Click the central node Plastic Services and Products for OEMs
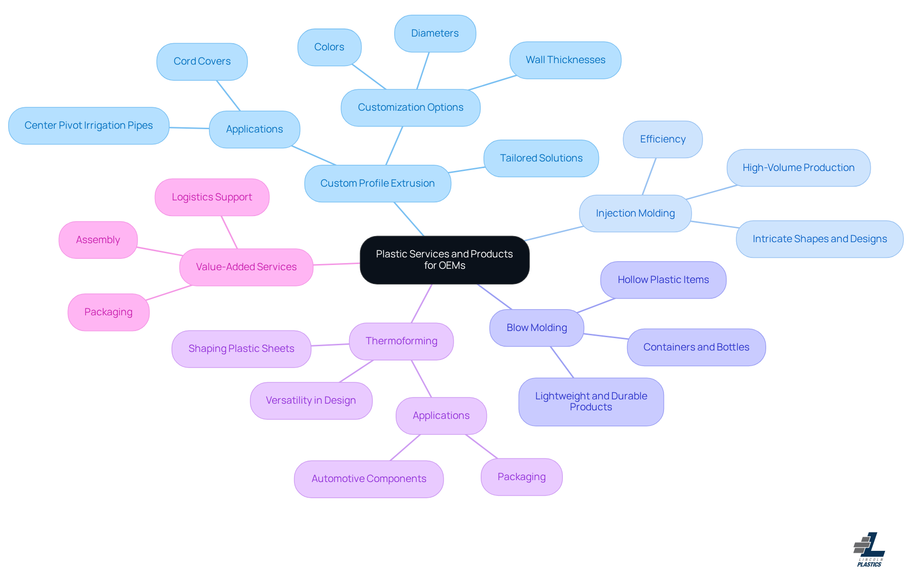(444, 260)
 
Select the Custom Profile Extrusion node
(377, 183)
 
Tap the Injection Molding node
(635, 213)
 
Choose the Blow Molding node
(536, 328)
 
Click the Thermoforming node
(401, 341)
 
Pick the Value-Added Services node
(246, 267)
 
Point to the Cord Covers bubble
(202, 61)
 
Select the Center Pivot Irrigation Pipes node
(88, 125)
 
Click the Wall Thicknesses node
(565, 60)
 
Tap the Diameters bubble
(435, 33)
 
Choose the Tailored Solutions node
(541, 158)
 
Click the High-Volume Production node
(798, 168)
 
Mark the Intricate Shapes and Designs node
(819, 239)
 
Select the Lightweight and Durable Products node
(590, 402)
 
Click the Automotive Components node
(369, 479)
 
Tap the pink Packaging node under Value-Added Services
(108, 312)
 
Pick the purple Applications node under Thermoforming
(441, 416)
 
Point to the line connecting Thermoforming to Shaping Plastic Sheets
(330, 345)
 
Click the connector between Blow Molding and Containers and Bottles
(606, 336)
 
